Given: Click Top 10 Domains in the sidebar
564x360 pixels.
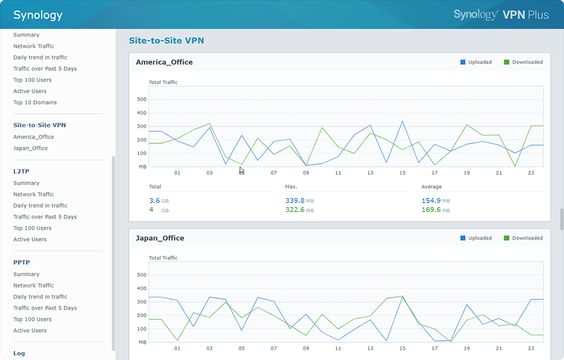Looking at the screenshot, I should tap(35, 102).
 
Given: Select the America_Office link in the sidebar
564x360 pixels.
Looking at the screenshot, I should tap(33, 137).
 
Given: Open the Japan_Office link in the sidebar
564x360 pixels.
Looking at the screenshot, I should tap(30, 148).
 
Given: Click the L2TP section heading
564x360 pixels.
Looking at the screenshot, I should tap(21, 171).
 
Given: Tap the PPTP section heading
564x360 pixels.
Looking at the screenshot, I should tap(22, 262).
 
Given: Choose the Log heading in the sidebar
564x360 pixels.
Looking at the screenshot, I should tap(19, 353).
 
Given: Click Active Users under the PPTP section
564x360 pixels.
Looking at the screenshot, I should tap(30, 330).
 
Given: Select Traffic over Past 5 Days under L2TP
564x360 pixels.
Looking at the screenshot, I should tap(45, 217).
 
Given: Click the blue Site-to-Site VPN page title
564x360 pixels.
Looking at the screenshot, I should tap(166, 41).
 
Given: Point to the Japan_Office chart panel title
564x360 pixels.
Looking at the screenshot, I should tap(160, 238).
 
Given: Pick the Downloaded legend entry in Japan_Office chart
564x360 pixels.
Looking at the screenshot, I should tap(523, 238).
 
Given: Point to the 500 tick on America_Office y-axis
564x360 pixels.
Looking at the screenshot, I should tap(142, 99).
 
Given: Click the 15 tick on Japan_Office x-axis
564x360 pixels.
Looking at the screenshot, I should tap(402, 348).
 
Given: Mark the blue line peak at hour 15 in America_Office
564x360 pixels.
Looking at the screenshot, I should tap(402, 121).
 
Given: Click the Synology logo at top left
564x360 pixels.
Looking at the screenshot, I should tap(38, 15).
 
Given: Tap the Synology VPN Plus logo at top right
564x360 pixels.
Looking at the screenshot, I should tap(501, 15).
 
